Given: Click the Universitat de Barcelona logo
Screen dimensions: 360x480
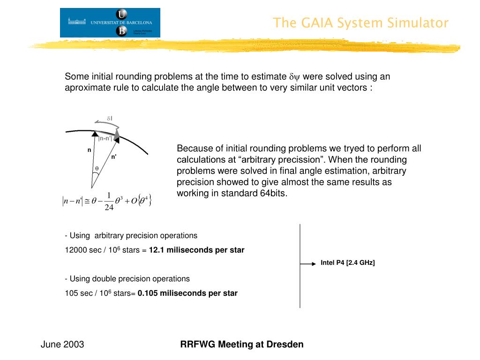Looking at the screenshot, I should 110,22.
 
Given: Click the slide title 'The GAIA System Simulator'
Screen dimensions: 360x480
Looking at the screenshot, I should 360,23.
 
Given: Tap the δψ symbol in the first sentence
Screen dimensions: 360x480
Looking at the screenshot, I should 295,77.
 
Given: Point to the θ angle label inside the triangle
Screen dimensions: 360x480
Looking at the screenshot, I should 97,168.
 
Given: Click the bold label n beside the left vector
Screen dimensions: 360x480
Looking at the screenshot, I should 89,150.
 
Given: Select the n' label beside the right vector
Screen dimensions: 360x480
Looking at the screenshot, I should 114,157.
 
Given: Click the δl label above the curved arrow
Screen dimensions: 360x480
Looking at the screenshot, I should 109,119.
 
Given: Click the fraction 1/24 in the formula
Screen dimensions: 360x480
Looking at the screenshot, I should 109,201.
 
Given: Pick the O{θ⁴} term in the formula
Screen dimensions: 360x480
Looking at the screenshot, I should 141,201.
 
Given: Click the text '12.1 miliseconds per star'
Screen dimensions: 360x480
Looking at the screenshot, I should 196,250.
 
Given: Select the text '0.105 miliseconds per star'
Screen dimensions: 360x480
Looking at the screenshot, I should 187,293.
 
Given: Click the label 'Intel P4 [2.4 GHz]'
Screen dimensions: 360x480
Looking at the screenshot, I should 348,262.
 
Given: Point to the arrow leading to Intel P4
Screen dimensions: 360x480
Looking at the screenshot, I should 308,264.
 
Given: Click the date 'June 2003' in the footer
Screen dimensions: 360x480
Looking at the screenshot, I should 62,345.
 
